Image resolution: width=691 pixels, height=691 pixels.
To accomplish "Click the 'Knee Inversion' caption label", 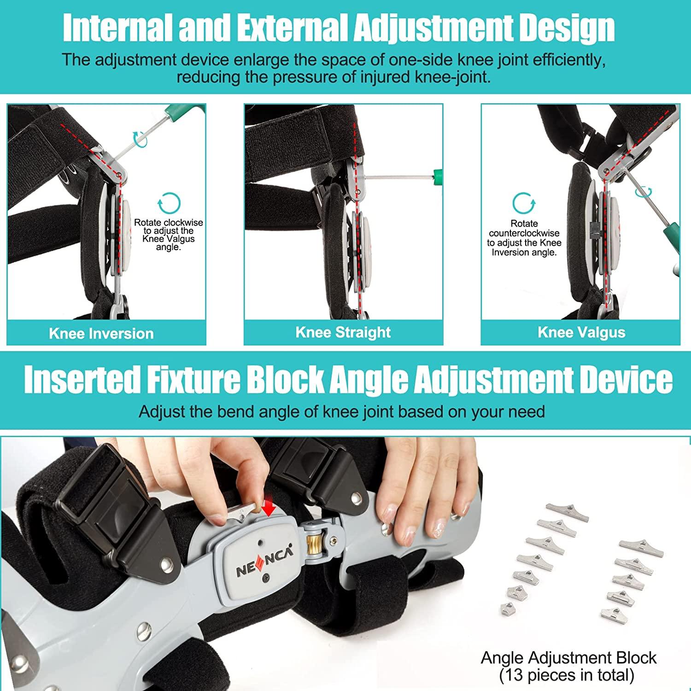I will coord(101,334).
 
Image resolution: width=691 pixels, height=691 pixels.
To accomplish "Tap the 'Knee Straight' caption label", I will coord(343,332).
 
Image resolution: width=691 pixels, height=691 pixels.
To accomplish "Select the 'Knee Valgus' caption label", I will coord(581,332).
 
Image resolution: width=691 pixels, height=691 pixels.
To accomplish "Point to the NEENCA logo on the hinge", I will coord(264,565).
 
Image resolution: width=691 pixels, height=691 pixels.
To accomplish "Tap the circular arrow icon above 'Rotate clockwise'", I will coord(169,203).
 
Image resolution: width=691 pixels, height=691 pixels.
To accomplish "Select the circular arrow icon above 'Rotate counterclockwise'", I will coord(524,203).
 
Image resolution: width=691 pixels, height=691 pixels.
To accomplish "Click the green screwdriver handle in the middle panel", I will coord(438,176).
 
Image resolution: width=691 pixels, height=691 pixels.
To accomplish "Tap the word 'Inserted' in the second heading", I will coord(81,380).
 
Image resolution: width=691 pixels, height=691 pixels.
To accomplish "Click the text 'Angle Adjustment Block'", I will coord(568,657).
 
